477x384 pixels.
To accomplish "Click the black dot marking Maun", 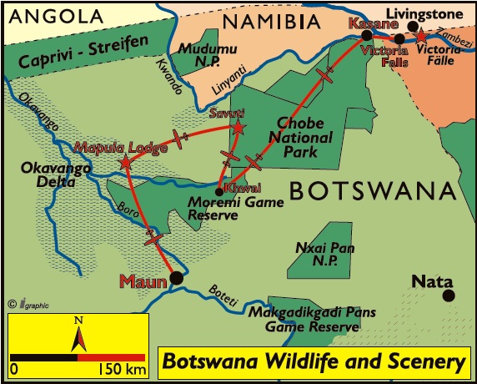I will point(176,278).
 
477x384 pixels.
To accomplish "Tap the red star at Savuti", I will point(238,128).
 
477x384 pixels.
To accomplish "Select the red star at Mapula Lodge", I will point(125,163).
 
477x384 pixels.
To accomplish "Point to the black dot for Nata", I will point(449,295).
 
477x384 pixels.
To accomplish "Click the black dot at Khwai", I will point(218,190).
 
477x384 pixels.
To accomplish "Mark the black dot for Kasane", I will point(367,35).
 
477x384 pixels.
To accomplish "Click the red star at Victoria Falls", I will point(421,36).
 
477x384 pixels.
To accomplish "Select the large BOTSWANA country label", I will point(373,191).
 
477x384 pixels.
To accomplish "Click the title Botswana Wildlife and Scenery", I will point(313,361).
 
